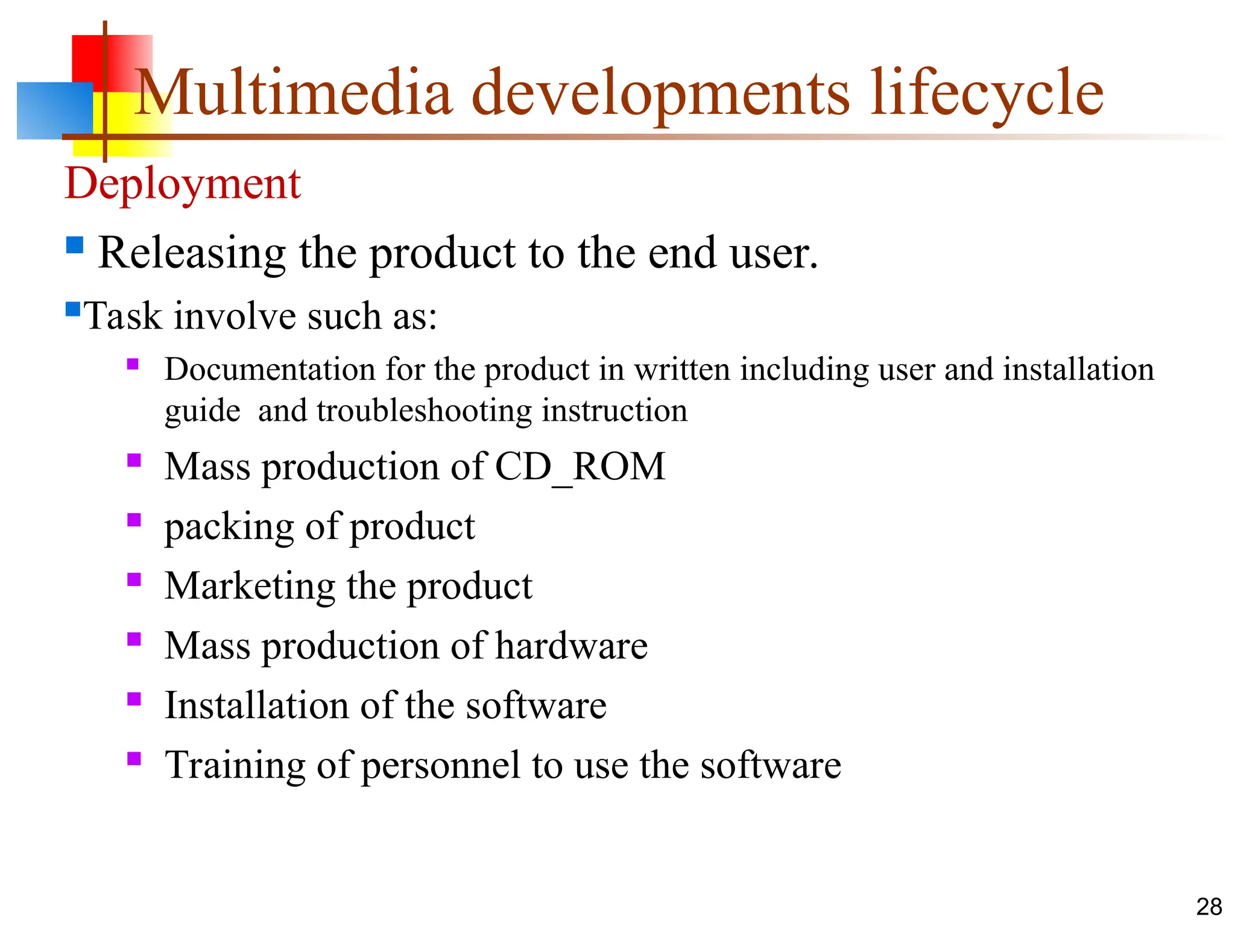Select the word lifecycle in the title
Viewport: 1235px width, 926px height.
click(x=987, y=93)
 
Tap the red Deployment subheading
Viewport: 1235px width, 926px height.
click(x=183, y=183)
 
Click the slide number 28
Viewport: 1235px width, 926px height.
click(x=1208, y=907)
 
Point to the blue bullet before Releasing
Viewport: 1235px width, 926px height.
click(x=75, y=245)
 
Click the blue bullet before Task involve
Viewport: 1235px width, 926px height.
click(x=73, y=310)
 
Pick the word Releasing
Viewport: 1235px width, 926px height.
click(x=192, y=253)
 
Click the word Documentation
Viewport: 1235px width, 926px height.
click(x=270, y=370)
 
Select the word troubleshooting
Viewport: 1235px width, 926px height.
click(x=424, y=412)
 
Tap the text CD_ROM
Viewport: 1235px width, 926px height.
click(x=580, y=467)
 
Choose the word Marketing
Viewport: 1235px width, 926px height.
click(x=250, y=586)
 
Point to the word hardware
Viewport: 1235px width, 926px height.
click(x=571, y=646)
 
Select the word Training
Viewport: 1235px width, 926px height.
click(x=235, y=765)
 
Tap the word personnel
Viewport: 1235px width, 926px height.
click(x=440, y=766)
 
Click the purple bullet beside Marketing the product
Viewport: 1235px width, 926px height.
click(x=134, y=579)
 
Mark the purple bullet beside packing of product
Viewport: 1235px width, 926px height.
click(x=134, y=520)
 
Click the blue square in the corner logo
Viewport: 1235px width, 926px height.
click(x=54, y=111)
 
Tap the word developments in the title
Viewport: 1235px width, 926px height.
click(x=660, y=93)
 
